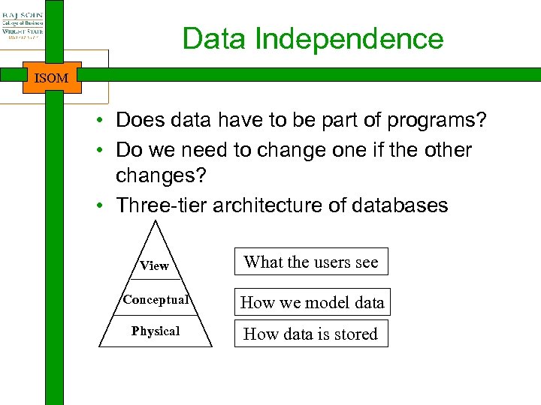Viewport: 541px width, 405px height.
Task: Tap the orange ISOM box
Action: click(x=52, y=77)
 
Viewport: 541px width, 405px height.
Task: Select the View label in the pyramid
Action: click(x=154, y=265)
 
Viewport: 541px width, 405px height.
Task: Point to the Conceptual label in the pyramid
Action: click(x=155, y=300)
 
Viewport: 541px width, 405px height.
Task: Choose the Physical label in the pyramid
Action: click(x=156, y=331)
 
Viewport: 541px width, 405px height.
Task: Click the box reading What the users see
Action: click(x=311, y=262)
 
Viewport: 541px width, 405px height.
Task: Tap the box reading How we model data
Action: click(x=312, y=302)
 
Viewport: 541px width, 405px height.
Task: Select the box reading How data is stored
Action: click(x=310, y=334)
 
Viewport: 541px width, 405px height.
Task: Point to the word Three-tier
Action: click(x=162, y=205)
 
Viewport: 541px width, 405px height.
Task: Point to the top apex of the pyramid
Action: click(x=156, y=221)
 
